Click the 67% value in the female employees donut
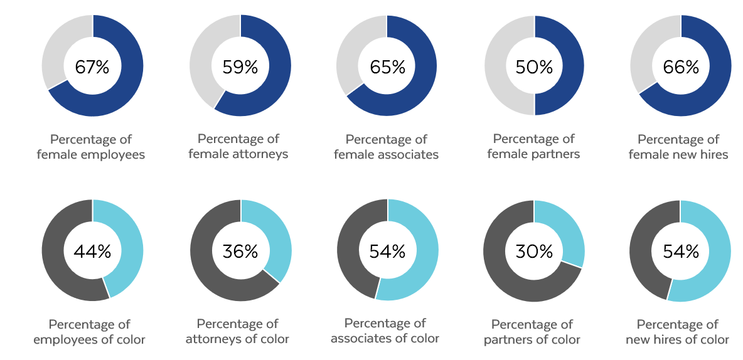92,67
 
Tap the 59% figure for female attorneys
240,67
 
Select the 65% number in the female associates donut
387,67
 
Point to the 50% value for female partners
534,67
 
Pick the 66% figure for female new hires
681,67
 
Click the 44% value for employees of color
92,251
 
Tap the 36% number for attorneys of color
240,251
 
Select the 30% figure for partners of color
534,251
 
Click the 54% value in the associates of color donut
387,251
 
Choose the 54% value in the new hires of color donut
681,251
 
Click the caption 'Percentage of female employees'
91,147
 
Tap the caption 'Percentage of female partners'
533,146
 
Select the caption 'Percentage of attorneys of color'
237,331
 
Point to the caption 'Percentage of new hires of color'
677,332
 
